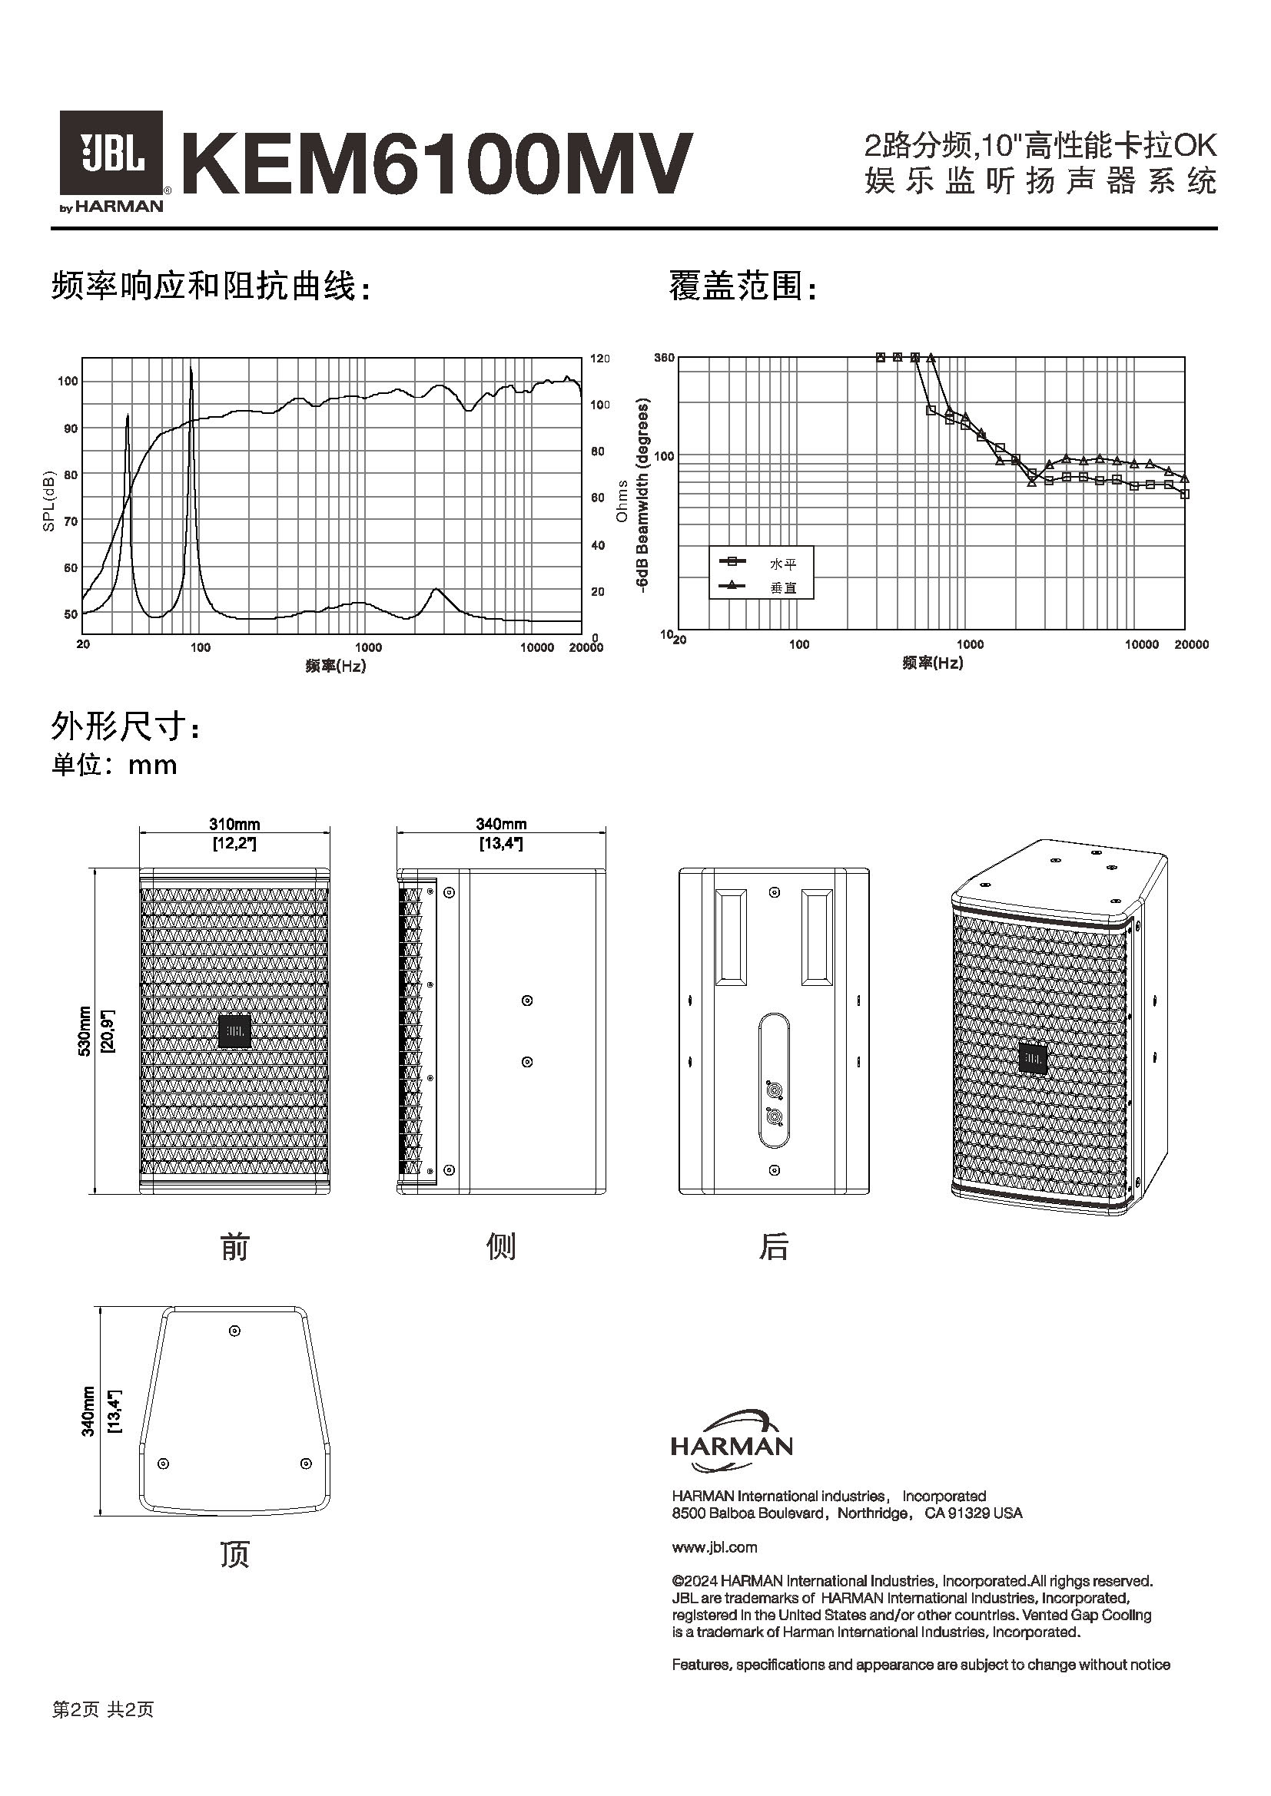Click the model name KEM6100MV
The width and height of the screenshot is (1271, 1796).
pos(436,164)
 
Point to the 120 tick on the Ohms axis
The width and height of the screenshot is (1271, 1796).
pos(599,359)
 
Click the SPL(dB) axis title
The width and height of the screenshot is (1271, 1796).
pos(48,501)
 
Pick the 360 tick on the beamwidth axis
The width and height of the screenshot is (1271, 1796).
pos(664,359)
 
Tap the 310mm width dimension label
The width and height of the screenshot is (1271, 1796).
pos(234,824)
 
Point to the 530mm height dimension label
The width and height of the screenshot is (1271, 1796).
pos(85,1031)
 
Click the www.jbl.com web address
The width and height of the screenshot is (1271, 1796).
pos(714,1547)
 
